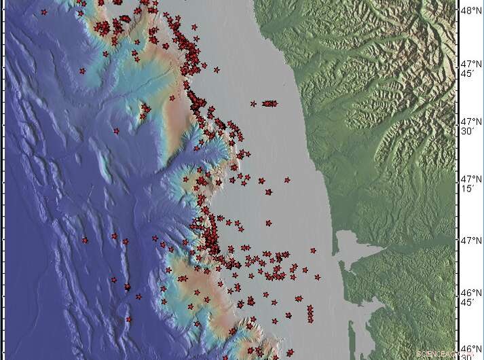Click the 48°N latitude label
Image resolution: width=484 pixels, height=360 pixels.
[x=470, y=10]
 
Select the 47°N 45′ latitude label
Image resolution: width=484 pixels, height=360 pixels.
[x=470, y=68]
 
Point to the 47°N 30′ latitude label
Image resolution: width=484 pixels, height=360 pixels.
[x=470, y=125]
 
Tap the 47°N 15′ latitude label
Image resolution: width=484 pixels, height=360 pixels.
[x=470, y=183]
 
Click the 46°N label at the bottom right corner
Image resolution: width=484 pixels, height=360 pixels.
[x=470, y=349]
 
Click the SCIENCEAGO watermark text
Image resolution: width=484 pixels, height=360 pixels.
[x=435, y=353]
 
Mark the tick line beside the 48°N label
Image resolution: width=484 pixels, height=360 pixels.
[x=457, y=11]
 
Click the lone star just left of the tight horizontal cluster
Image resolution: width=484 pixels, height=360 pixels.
[x=253, y=104]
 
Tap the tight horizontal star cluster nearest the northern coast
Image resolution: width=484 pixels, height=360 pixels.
[x=270, y=103]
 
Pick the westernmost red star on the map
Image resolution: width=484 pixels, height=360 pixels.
[x=44, y=12]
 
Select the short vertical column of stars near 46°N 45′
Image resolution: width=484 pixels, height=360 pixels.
[x=310, y=314]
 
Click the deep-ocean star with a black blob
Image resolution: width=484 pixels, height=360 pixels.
[x=127, y=287]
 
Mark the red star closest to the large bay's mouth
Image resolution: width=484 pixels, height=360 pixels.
[x=314, y=251]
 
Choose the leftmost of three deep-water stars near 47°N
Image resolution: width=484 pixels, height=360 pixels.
[x=85, y=240]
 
